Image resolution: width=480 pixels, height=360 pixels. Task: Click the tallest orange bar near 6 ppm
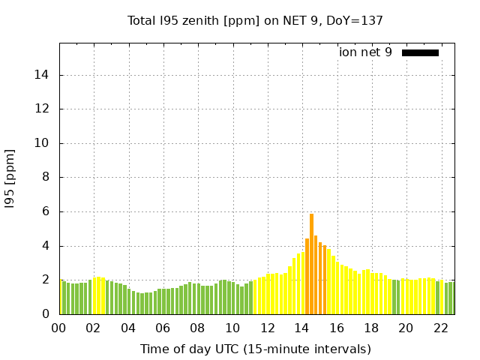point(311,264)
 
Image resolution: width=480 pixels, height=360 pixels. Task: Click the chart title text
point(255,21)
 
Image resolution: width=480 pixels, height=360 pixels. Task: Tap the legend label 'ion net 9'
point(365,52)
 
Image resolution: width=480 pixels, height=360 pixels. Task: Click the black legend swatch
point(420,53)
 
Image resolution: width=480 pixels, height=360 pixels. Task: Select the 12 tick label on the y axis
point(41,109)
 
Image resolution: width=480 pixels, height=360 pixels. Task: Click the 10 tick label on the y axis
point(41,143)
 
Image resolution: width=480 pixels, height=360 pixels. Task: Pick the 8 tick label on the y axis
point(45,177)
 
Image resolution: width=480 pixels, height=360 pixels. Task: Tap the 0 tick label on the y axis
point(45,313)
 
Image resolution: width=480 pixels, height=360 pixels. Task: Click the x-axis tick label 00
point(58,328)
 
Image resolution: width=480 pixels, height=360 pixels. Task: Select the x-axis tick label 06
point(163,328)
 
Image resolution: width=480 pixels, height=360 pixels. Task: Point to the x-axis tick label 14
point(301,328)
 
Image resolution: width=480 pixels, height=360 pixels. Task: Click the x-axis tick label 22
point(441,328)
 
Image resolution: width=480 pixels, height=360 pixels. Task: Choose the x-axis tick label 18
point(371,328)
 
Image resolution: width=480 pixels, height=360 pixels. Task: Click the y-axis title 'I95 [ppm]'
point(10,179)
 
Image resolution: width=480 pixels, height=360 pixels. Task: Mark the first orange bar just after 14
point(307,277)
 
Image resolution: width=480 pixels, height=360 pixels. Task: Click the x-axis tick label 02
point(93,328)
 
